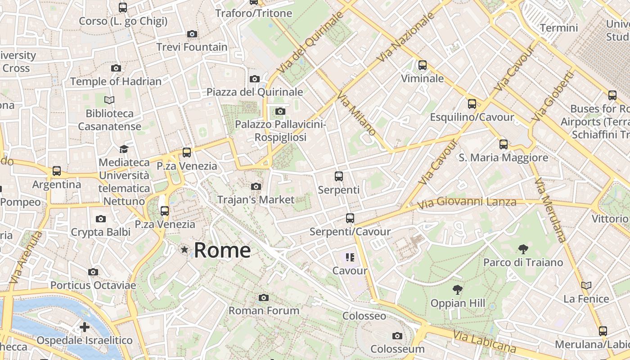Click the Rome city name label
pyautogui.click(x=222, y=250)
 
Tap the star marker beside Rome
pyautogui.click(x=184, y=249)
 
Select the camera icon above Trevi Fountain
pyautogui.click(x=192, y=34)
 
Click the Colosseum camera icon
pyautogui.click(x=397, y=336)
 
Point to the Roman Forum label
pyautogui.click(x=264, y=310)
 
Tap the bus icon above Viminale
pyautogui.click(x=422, y=65)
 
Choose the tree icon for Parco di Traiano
pyautogui.click(x=523, y=249)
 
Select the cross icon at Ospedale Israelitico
pyautogui.click(x=84, y=327)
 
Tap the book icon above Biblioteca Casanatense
pyautogui.click(x=109, y=100)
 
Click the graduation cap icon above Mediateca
pyautogui.click(x=124, y=149)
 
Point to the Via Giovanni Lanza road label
pyautogui.click(x=467, y=202)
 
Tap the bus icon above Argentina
pyautogui.click(x=57, y=171)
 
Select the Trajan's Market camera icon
pyautogui.click(x=256, y=186)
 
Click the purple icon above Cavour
pyautogui.click(x=350, y=257)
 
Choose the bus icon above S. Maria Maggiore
pyautogui.click(x=504, y=144)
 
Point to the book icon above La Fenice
pyautogui.click(x=586, y=285)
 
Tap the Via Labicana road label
pyautogui.click(x=485, y=342)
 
